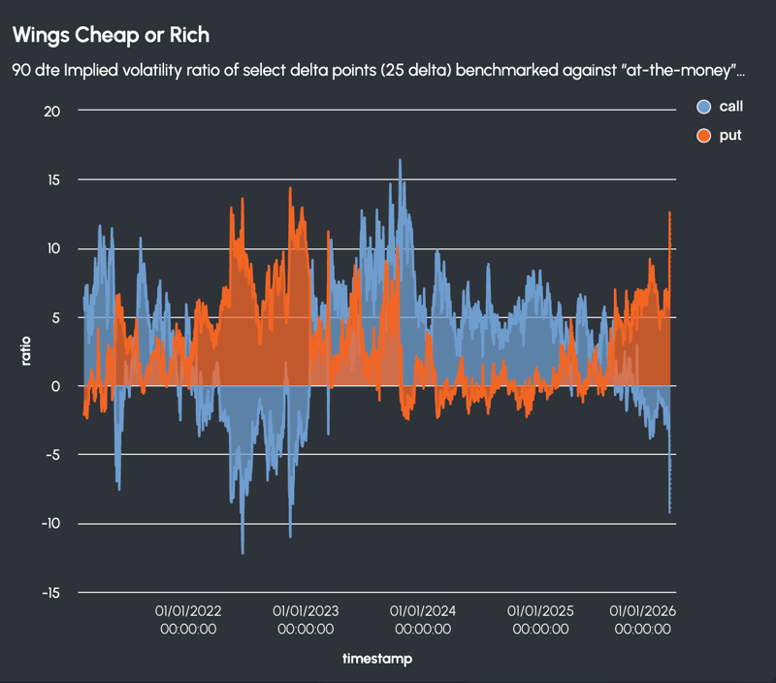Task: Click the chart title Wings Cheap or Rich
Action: tap(110, 35)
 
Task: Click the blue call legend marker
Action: tap(704, 107)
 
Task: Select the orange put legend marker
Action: tap(704, 136)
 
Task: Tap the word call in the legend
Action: tap(730, 107)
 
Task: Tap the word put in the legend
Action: tap(729, 136)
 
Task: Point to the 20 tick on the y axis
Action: tap(51, 111)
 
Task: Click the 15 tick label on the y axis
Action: tap(52, 179)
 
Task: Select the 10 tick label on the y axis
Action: tap(52, 248)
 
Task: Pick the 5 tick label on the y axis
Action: tap(56, 317)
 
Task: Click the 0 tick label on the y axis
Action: tap(56, 386)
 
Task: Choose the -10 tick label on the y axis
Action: tap(49, 524)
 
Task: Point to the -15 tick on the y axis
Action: tap(49, 593)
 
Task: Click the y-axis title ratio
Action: tap(26, 350)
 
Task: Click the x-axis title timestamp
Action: tap(376, 660)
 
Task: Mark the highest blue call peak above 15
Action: tap(400, 161)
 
